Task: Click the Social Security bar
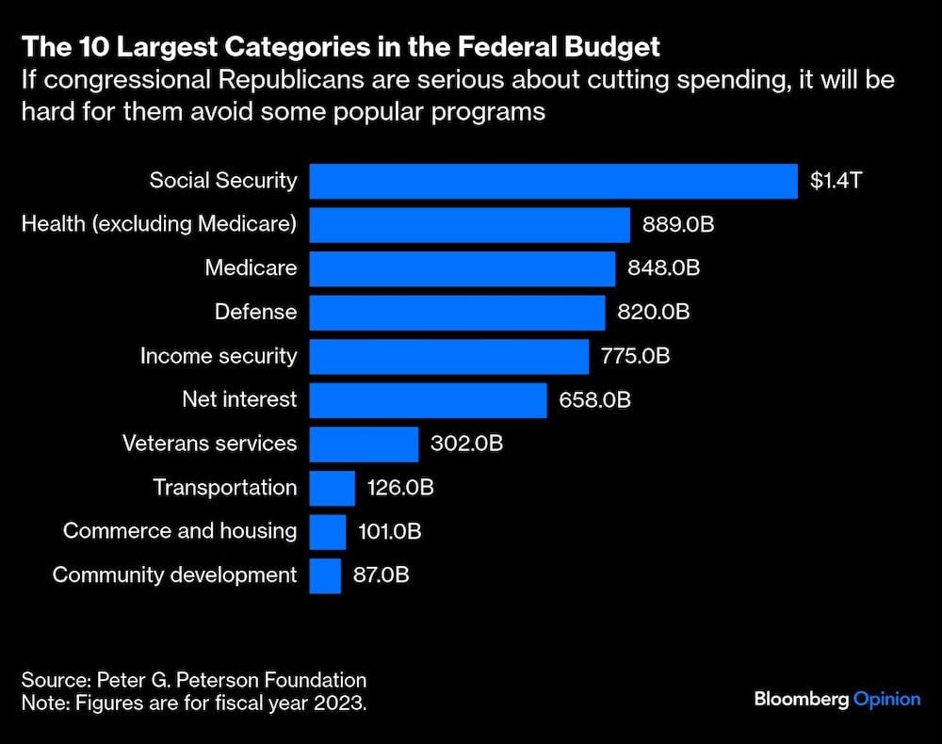click(x=554, y=181)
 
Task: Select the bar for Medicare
click(x=463, y=268)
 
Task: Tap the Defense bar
click(x=457, y=312)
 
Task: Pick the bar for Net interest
click(x=428, y=399)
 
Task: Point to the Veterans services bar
click(x=364, y=444)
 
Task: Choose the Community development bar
click(x=325, y=574)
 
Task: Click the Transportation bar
click(x=332, y=488)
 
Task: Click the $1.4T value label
click(x=836, y=181)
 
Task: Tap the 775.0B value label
click(x=635, y=356)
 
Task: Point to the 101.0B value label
click(x=390, y=531)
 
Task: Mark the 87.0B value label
click(x=381, y=574)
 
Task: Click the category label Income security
click(x=219, y=356)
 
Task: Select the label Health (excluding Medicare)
click(x=158, y=225)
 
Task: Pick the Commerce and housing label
click(x=180, y=531)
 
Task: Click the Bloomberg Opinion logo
click(x=836, y=699)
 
